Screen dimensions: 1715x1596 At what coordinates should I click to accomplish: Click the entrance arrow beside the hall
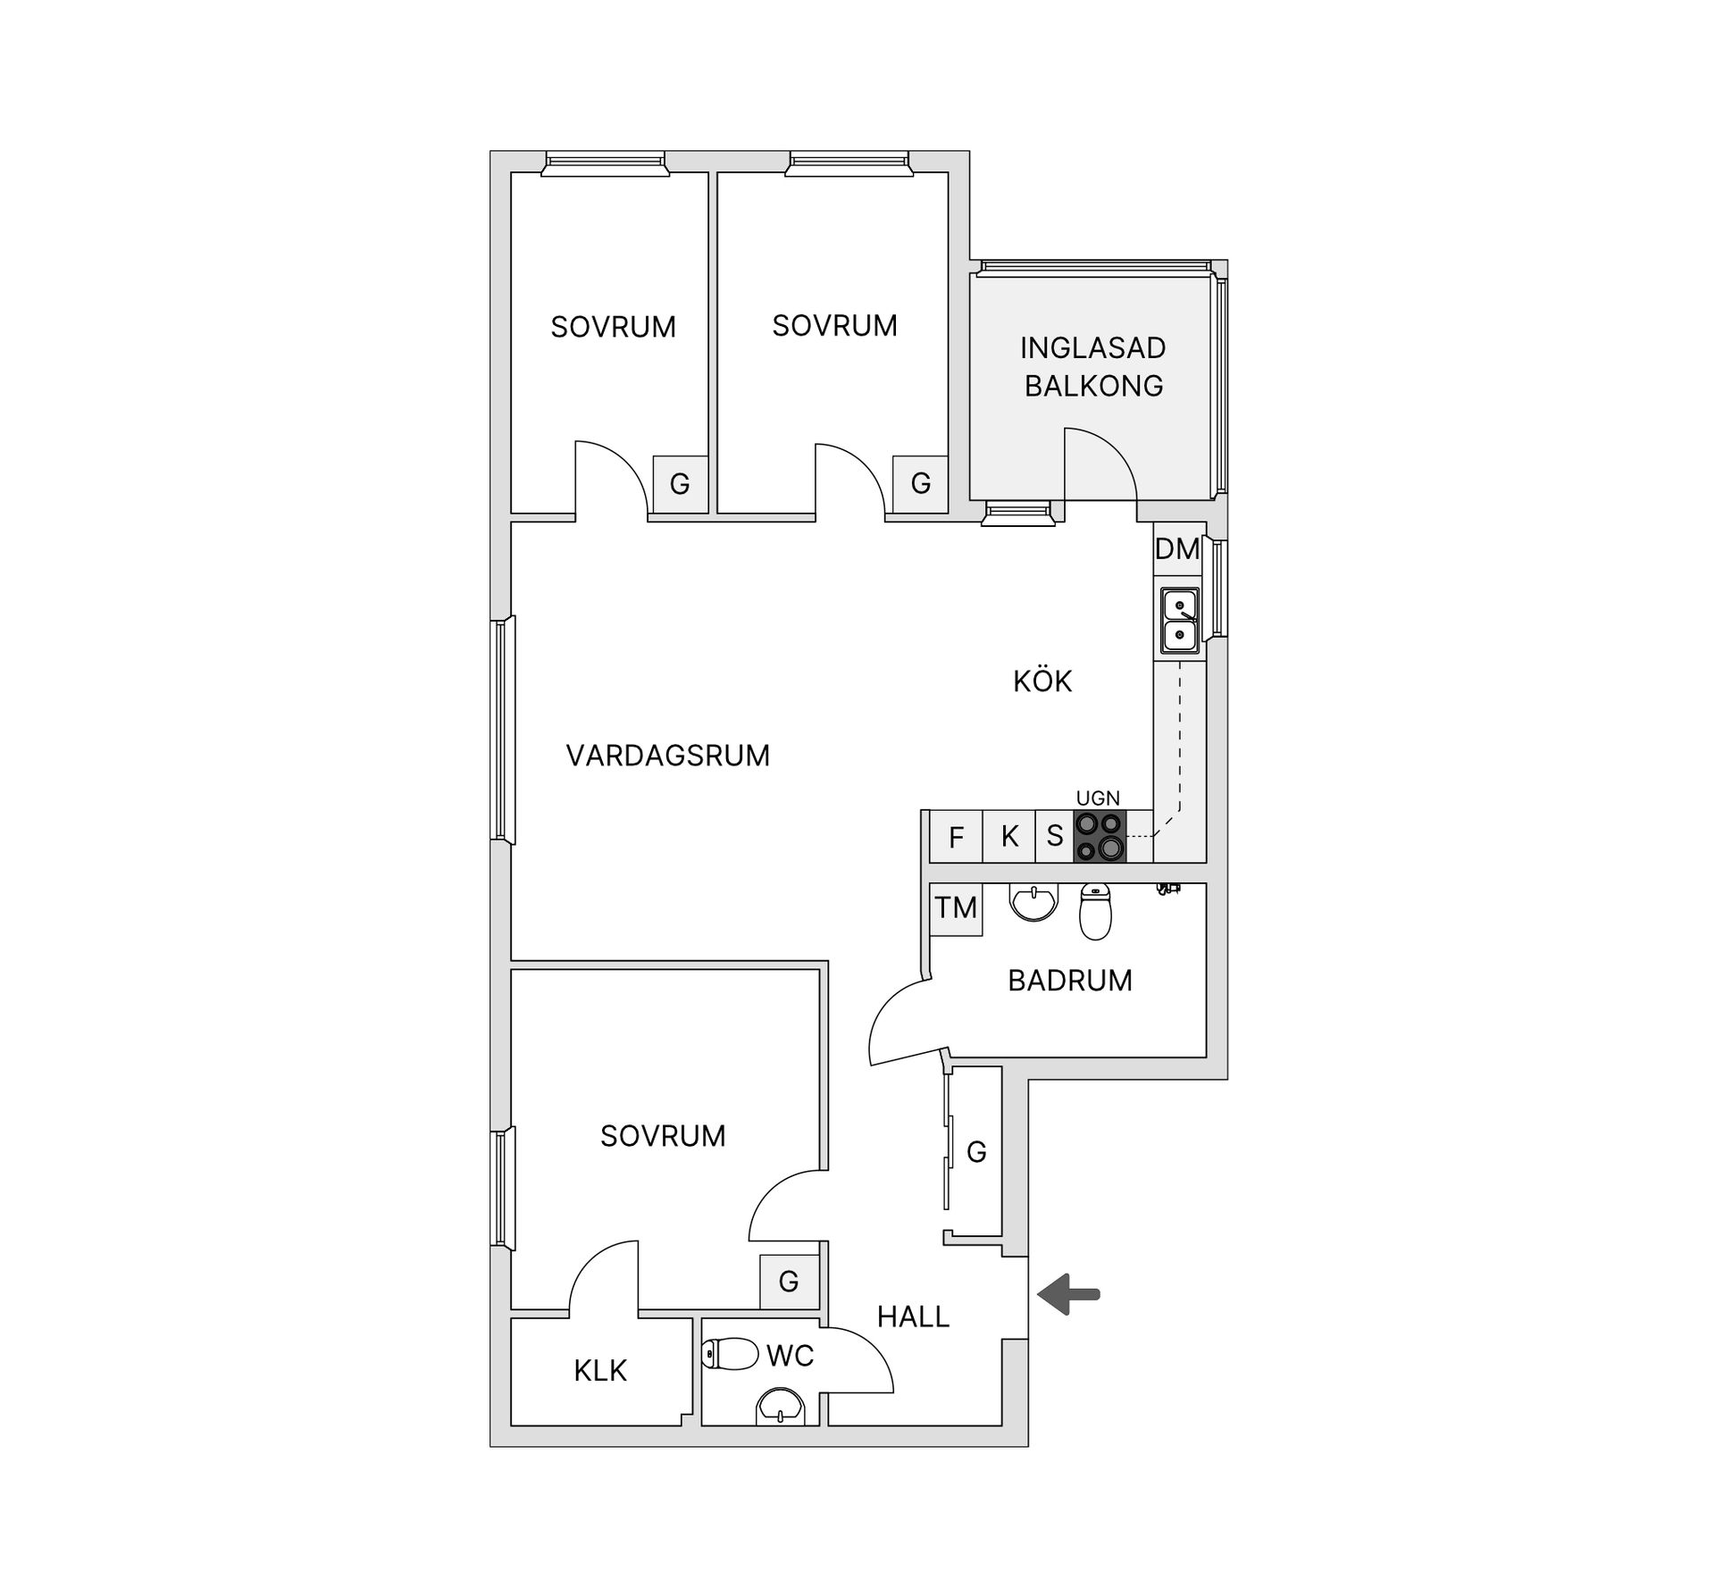coord(1068,1294)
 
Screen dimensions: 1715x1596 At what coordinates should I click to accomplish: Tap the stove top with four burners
coord(1100,836)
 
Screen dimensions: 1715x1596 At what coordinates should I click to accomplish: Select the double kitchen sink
coord(1180,621)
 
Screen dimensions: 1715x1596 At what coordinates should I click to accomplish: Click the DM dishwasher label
coord(1177,548)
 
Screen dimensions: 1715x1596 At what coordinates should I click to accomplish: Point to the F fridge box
coord(956,837)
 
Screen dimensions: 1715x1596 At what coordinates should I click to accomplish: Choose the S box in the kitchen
coord(1055,836)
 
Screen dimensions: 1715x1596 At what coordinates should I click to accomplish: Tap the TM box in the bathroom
coord(956,908)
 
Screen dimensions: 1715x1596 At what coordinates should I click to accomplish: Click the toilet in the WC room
coord(730,1354)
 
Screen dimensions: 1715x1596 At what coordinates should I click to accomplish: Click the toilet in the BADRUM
coord(1095,911)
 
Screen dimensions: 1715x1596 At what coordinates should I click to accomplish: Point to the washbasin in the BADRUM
coord(1033,901)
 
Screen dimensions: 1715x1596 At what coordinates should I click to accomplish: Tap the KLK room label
coord(600,1371)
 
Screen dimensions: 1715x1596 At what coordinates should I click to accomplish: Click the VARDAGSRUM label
coord(668,756)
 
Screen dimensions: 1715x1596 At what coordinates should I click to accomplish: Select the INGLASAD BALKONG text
coord(1093,366)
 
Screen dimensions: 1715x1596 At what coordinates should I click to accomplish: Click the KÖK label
coord(1042,681)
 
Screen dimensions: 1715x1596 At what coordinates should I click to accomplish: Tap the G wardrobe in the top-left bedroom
coord(680,484)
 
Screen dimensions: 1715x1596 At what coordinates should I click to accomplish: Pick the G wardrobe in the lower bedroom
coord(789,1282)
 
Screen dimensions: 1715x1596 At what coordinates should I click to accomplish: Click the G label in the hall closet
coord(976,1152)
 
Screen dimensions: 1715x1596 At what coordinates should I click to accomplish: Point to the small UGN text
coord(1098,798)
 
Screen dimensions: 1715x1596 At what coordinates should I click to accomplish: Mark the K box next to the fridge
coord(1009,836)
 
